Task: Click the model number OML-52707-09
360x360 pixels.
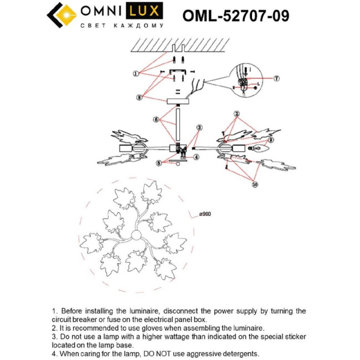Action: (235, 15)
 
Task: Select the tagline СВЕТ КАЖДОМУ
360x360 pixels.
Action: (122, 26)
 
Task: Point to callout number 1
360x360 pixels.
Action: (136, 73)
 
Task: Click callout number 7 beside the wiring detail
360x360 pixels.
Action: (276, 78)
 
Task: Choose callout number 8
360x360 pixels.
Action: (140, 97)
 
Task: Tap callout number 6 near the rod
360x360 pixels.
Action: (157, 119)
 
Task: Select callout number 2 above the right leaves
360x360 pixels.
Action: (236, 114)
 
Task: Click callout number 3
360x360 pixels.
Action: (199, 127)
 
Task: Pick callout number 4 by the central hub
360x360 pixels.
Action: (196, 157)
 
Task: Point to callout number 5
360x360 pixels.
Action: (158, 163)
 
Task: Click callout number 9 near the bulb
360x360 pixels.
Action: (271, 140)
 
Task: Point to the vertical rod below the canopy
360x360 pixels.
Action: (178, 125)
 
